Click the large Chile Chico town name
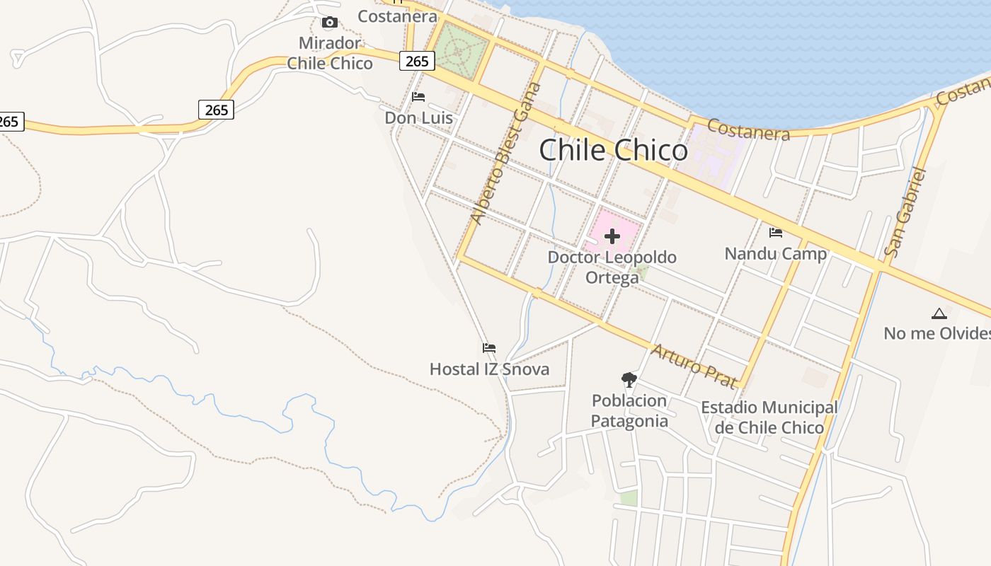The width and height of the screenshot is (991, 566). (613, 150)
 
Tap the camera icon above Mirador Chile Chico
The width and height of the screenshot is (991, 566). (329, 23)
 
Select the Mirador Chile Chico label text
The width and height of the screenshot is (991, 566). (330, 53)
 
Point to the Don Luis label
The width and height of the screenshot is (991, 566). (418, 117)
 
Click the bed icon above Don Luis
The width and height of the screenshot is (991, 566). (418, 97)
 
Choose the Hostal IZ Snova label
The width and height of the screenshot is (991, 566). (489, 369)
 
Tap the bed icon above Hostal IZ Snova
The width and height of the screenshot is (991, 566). (489, 348)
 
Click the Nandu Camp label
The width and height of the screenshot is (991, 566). (775, 253)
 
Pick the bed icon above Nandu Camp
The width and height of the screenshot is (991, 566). (776, 232)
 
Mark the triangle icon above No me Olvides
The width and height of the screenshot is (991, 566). (939, 313)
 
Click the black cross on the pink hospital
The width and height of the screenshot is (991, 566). (612, 236)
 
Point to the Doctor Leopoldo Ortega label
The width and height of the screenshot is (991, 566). (612, 267)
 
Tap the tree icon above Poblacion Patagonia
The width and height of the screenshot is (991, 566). (629, 380)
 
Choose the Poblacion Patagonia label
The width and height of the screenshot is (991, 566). (629, 411)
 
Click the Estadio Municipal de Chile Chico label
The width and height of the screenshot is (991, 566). (769, 417)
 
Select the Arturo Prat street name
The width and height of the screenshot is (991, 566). (694, 366)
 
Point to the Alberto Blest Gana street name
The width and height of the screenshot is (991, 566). (506, 154)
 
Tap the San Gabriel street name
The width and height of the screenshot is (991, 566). (905, 212)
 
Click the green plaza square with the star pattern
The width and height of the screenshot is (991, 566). (461, 51)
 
